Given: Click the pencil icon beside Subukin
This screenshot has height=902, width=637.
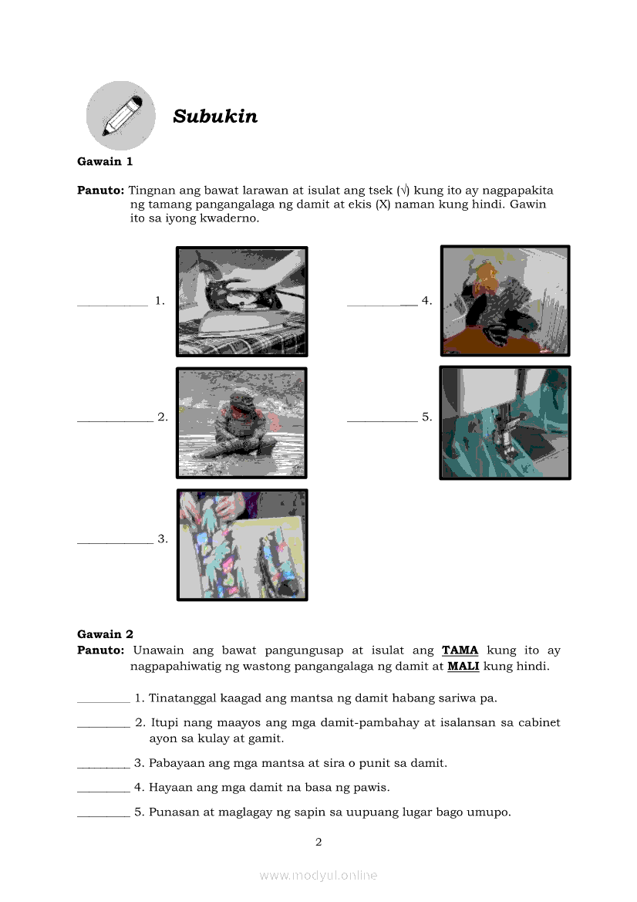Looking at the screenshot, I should pos(120,116).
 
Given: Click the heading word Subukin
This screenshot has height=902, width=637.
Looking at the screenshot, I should pos(215,117).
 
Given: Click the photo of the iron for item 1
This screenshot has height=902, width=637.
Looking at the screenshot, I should pos(242,301).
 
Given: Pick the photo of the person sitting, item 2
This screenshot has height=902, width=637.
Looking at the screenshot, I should pos(242,422).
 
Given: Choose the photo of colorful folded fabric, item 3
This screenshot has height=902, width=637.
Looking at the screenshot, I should pos(242,545).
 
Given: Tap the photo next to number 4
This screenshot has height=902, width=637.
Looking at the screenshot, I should pos(505,300).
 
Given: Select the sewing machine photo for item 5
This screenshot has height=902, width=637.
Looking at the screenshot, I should pos(505,422).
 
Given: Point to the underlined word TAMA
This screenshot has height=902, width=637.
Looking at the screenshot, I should pos(460,650).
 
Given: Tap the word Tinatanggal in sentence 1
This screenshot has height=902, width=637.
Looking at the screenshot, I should pos(183,698).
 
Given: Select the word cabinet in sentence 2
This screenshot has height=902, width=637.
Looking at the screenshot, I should pos(538,723).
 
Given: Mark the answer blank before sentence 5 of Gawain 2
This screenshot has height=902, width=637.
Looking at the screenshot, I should pos(103,812).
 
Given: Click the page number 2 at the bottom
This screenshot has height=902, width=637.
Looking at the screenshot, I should pos(318,842).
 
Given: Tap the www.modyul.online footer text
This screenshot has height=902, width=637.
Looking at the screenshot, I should pos(318,875).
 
